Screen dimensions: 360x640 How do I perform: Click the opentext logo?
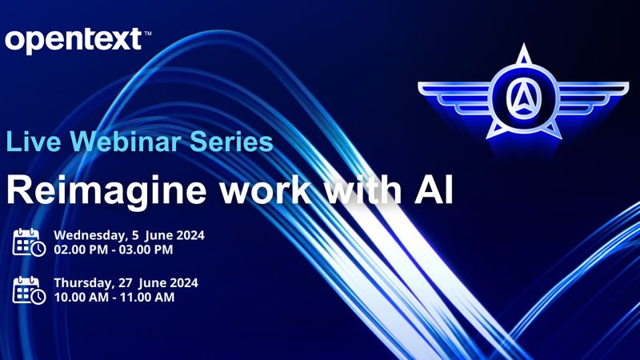pos(72,39)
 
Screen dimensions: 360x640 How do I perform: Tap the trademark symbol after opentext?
pos(147,32)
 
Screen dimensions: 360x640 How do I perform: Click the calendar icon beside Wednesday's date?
pos(29,242)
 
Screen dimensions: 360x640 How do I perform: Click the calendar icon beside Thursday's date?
pos(29,290)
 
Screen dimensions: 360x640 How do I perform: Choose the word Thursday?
pos(80,282)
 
